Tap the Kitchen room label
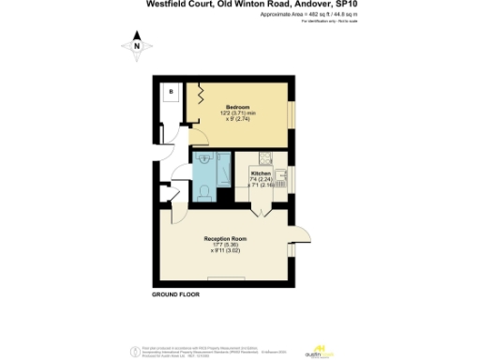click(x=262, y=173)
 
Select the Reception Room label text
click(x=224, y=239)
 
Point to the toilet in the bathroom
click(x=204, y=194)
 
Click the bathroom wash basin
click(x=206, y=160)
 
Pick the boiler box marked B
click(x=171, y=91)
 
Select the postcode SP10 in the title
click(x=345, y=5)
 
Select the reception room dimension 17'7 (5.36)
click(x=224, y=246)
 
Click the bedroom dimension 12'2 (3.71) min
click(x=238, y=113)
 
